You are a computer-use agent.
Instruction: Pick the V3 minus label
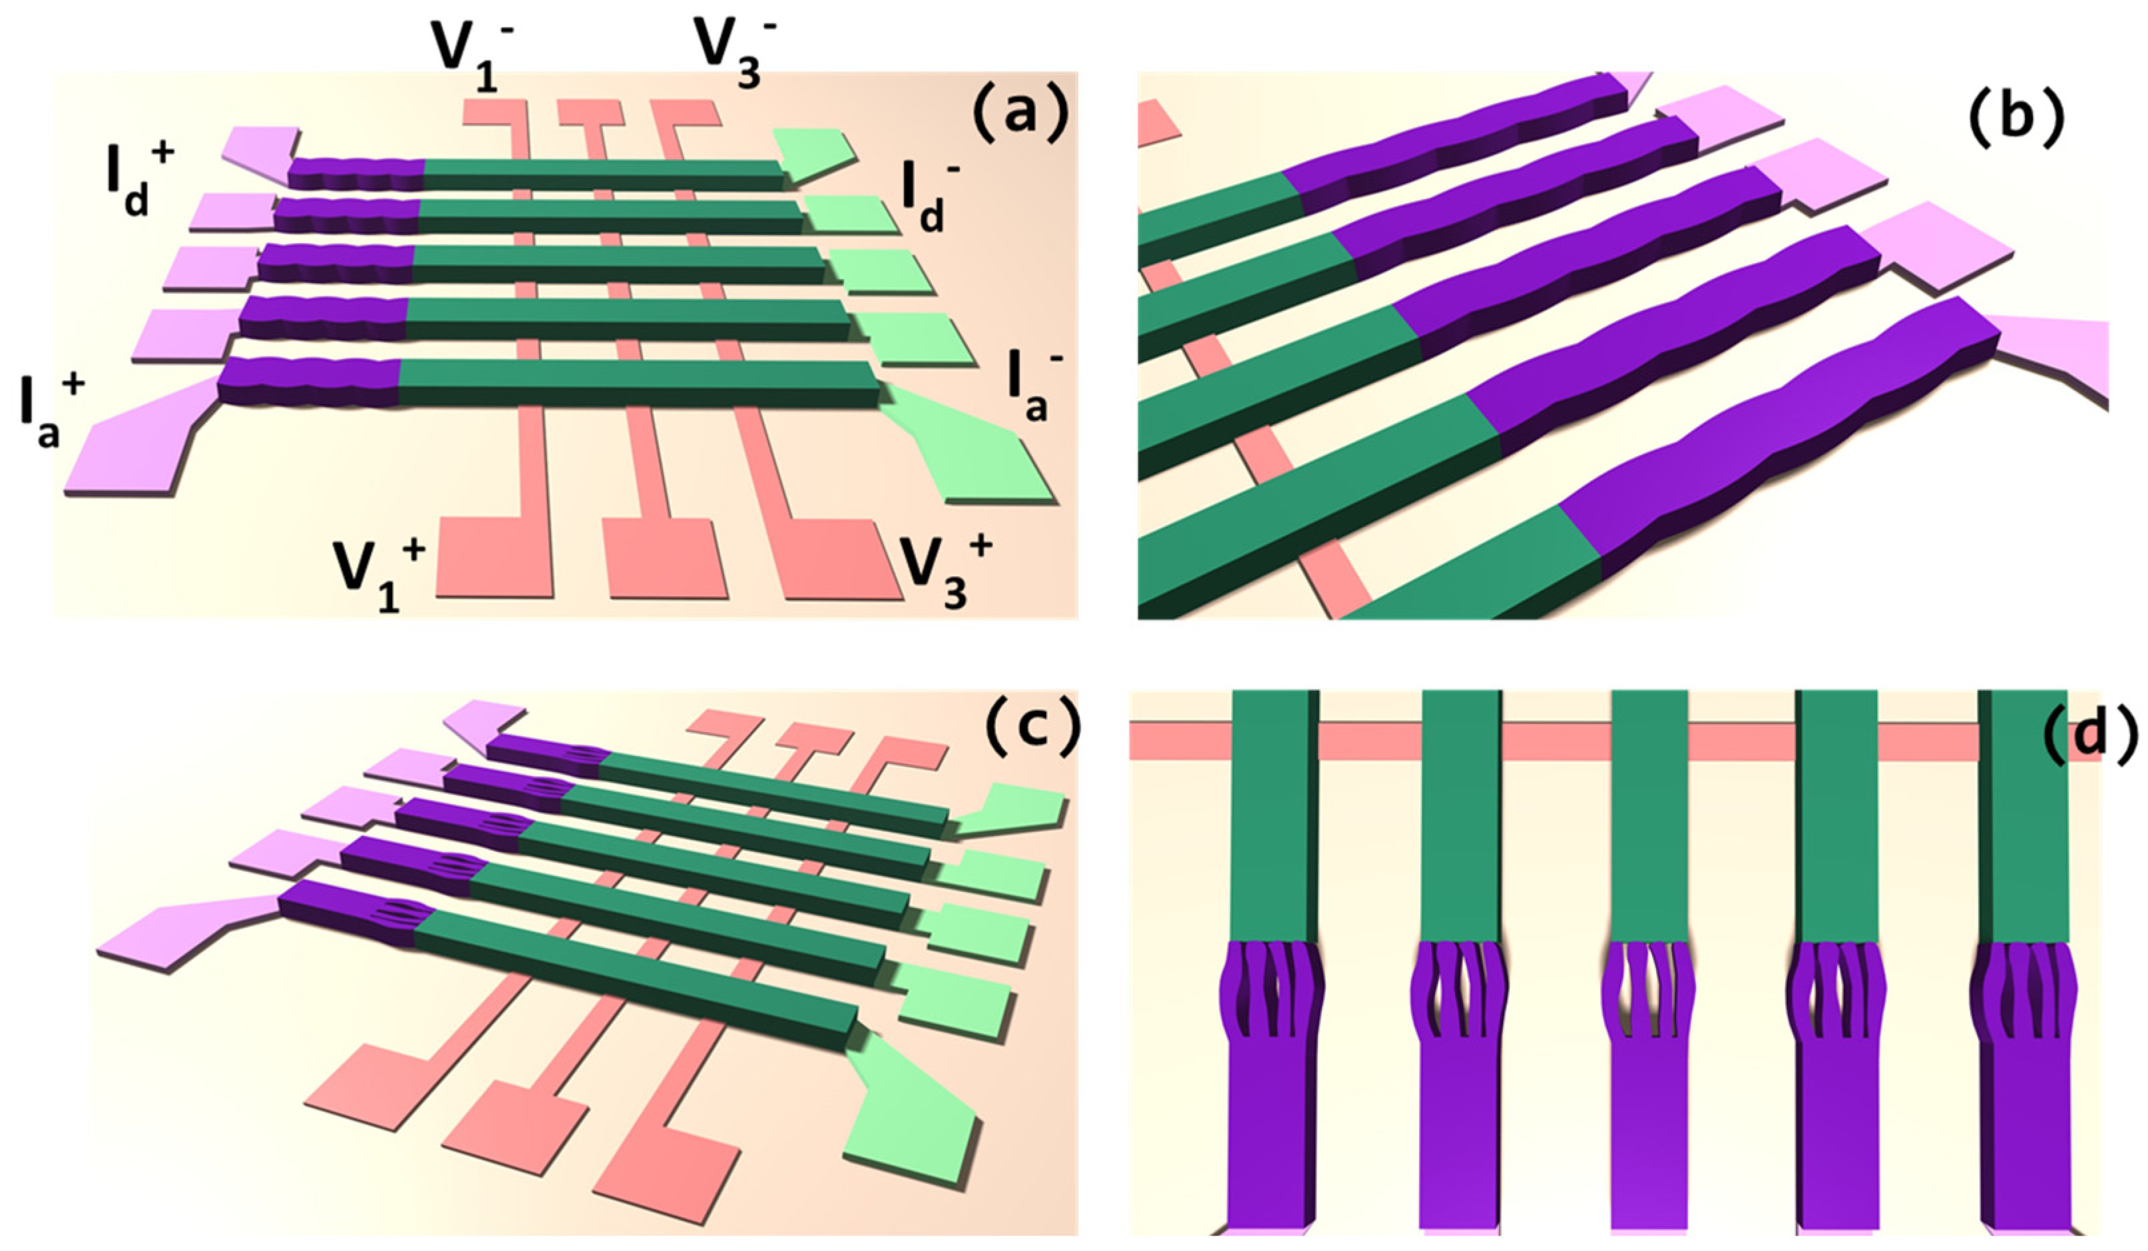tap(726, 51)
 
